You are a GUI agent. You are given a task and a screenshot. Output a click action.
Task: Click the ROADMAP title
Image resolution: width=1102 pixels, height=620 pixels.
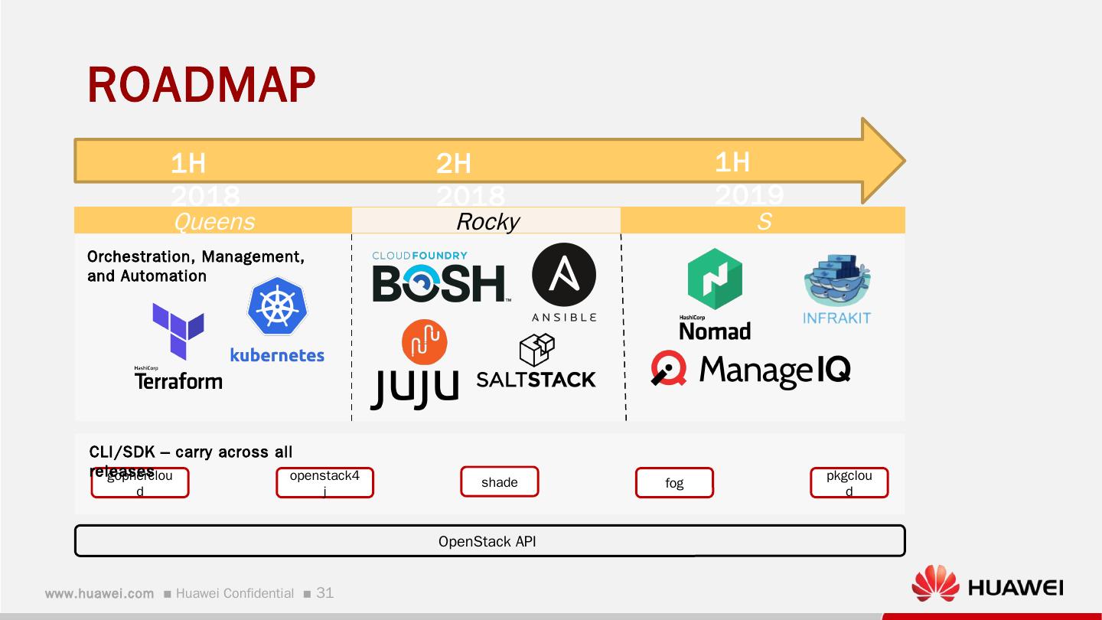click(201, 85)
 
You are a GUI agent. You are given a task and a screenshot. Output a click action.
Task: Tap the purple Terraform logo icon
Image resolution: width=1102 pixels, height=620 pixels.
click(178, 330)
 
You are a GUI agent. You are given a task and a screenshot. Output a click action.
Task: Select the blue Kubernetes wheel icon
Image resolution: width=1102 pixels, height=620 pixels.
click(276, 306)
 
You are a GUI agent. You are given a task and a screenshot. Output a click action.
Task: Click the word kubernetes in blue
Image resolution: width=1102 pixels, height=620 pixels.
click(277, 355)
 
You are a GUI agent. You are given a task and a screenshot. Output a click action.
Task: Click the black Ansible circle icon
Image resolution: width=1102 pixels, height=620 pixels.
click(563, 275)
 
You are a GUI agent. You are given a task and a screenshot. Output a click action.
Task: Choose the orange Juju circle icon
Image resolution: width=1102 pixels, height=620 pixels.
click(424, 342)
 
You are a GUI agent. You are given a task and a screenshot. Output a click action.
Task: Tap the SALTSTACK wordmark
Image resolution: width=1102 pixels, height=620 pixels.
click(536, 379)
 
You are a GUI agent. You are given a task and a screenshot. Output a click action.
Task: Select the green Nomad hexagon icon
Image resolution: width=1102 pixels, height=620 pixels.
click(715, 279)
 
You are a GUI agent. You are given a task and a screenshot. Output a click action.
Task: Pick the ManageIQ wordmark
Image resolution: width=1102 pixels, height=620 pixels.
click(774, 370)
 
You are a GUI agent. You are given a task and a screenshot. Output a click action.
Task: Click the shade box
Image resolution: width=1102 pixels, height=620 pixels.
click(500, 482)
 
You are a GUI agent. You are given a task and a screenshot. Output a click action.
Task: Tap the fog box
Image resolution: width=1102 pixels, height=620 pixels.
click(674, 483)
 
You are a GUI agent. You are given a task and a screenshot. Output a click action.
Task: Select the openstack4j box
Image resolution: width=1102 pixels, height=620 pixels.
click(324, 483)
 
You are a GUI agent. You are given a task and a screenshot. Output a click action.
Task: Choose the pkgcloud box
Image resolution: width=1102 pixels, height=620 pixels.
click(849, 483)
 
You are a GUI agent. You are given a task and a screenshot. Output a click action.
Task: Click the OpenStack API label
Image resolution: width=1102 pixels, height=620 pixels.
click(487, 541)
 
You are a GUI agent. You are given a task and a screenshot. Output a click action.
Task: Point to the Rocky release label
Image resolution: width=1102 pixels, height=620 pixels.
click(487, 221)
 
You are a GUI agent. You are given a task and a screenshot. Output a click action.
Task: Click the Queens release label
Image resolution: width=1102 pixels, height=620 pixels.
click(214, 221)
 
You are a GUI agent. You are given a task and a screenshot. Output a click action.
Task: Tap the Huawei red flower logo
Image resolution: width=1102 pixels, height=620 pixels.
click(934, 583)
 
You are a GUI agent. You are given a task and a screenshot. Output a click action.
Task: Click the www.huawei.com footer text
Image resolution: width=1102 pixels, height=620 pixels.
click(99, 593)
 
